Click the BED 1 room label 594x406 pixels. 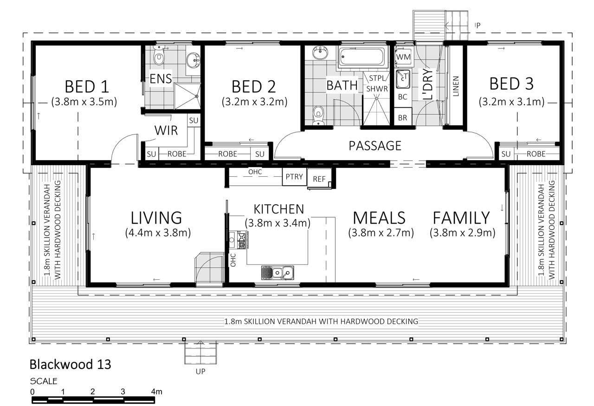pyautogui.click(x=87, y=87)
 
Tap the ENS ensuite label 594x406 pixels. pyautogui.click(x=161, y=79)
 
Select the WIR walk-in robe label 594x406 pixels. pyautogui.click(x=166, y=130)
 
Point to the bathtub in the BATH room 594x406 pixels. pyautogui.click(x=362, y=57)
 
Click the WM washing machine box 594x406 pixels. pyautogui.click(x=403, y=57)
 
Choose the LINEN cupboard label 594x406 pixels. pyautogui.click(x=456, y=86)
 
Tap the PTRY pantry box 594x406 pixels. pyautogui.click(x=294, y=177)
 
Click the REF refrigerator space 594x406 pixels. pyautogui.click(x=319, y=179)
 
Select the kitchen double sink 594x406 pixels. pyautogui.click(x=278, y=273)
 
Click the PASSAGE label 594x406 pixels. pyautogui.click(x=374, y=146)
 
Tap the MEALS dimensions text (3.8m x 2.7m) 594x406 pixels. pyautogui.click(x=381, y=233)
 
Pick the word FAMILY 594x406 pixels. pyautogui.click(x=461, y=218)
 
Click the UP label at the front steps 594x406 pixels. pyautogui.click(x=200, y=372)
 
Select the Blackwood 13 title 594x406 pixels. pyautogui.click(x=70, y=364)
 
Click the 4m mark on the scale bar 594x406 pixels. pyautogui.click(x=156, y=392)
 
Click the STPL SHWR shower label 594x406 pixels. pyautogui.click(x=377, y=83)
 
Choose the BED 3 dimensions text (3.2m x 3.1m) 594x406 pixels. pyautogui.click(x=511, y=102)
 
